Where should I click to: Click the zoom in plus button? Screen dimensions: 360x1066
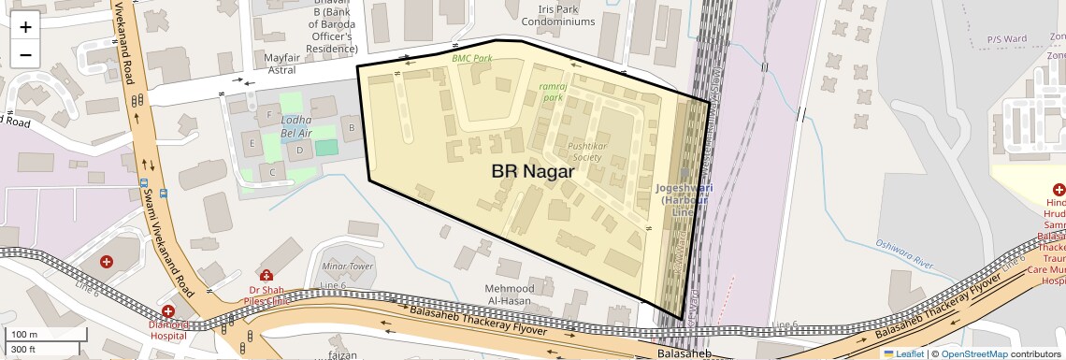[25, 27]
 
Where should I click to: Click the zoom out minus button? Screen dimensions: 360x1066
[25, 53]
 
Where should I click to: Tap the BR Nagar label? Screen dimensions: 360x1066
[533, 172]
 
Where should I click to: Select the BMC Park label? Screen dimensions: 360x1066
[471, 58]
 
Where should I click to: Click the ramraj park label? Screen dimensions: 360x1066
[553, 91]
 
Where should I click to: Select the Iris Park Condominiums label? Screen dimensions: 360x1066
[558, 14]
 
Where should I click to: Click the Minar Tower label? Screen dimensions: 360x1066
[347, 266]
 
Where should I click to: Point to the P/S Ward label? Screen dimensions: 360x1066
[1007, 40]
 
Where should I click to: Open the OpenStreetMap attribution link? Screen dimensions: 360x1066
[973, 353]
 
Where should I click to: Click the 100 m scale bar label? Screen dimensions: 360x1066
[24, 335]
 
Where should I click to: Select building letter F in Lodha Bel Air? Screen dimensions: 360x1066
[269, 115]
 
